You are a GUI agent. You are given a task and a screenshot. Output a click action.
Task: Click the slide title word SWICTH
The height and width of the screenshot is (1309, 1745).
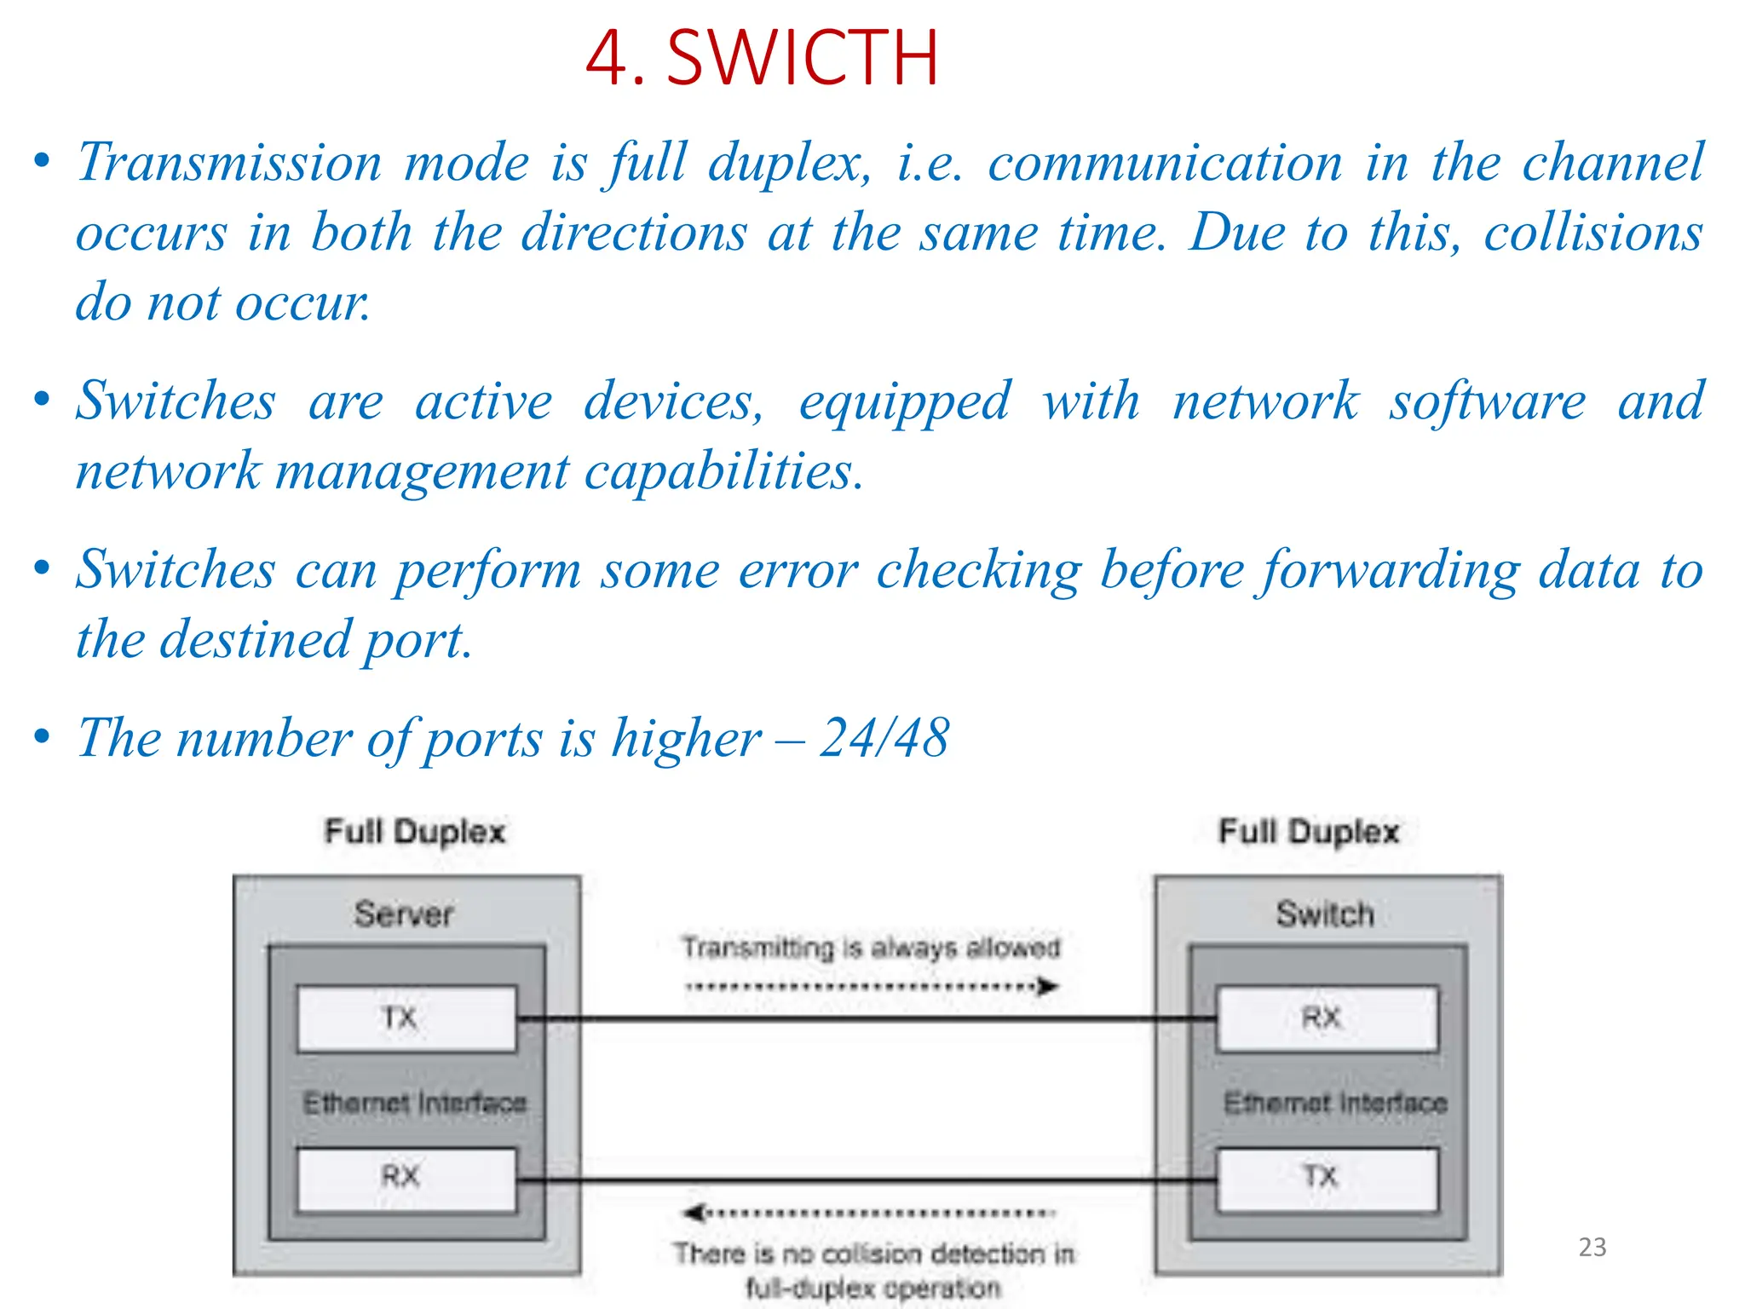point(802,58)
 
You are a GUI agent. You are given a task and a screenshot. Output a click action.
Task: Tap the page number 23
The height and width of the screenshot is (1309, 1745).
point(1592,1247)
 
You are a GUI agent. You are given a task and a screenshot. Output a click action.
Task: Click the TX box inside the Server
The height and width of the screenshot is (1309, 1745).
point(406,1018)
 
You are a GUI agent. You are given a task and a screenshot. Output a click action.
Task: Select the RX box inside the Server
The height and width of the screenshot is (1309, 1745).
point(406,1179)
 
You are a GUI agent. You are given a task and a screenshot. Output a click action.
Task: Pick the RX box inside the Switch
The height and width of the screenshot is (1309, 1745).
point(1326,1018)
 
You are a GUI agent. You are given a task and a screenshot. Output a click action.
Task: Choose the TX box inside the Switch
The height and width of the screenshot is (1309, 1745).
point(1326,1179)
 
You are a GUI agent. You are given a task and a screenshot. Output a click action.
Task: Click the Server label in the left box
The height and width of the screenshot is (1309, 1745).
point(404,914)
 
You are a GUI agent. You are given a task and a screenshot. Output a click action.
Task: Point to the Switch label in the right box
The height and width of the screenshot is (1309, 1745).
point(1325,914)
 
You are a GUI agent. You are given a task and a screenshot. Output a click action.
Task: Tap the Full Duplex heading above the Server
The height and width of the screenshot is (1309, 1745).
point(415,832)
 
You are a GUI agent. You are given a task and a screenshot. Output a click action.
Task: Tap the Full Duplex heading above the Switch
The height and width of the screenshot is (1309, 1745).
point(1309,832)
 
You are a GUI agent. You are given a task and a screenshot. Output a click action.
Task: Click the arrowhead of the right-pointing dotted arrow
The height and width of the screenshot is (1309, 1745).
point(1049,987)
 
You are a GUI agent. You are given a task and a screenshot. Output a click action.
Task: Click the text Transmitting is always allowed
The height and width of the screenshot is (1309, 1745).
point(871,948)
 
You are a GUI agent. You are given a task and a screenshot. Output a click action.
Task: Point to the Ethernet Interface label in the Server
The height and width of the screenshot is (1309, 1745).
point(415,1103)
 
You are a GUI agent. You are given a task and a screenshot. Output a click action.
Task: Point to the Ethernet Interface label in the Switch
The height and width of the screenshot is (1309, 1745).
point(1335,1103)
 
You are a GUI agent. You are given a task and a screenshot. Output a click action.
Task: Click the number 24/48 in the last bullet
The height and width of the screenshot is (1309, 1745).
point(884,737)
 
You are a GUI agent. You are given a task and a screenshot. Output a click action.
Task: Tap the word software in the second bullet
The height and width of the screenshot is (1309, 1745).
point(1488,401)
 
